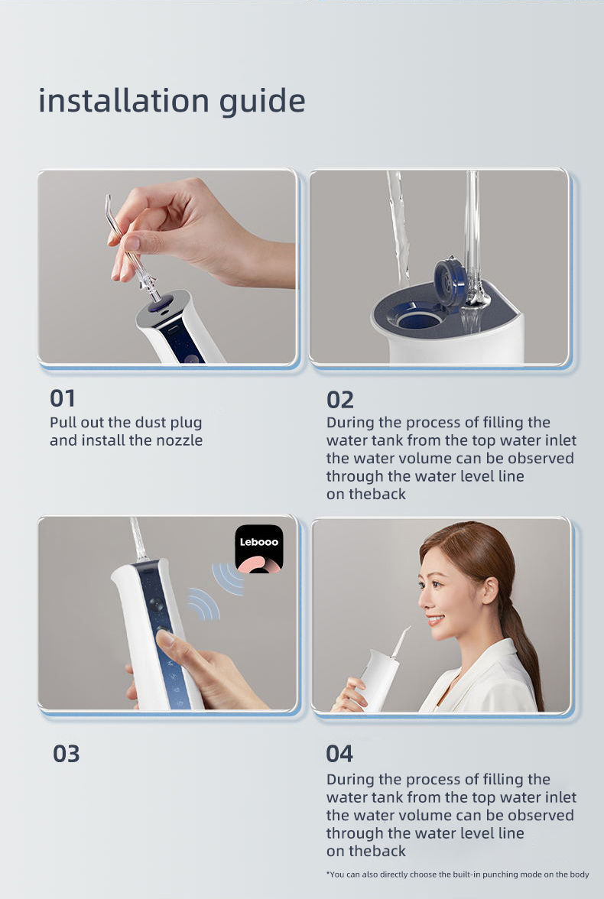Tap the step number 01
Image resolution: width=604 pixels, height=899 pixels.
pos(63,398)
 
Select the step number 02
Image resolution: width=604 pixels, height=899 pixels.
pos(340,400)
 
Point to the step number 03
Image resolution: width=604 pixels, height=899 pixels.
pos(66,754)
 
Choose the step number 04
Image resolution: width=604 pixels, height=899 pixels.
pos(339,754)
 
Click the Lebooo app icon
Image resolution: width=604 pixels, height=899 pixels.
pos(259,549)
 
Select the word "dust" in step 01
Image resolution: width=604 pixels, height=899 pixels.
pos(151,423)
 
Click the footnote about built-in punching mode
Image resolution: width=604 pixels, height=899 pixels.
pos(458,875)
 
